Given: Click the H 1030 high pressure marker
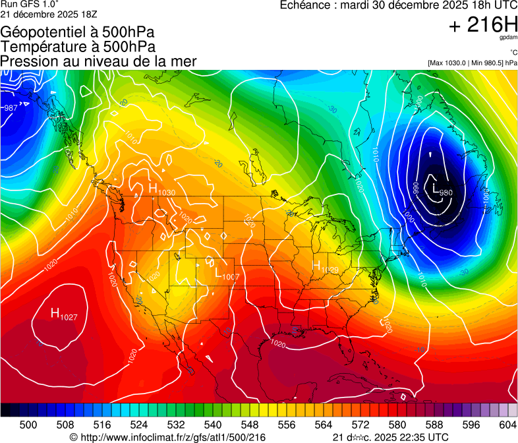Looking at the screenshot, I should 160,190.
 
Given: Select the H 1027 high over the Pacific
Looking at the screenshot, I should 64,314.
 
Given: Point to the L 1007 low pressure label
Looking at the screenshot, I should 226,275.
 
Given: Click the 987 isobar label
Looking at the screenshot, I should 10,108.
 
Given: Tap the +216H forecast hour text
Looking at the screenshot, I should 482,25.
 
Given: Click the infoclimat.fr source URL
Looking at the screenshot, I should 167,438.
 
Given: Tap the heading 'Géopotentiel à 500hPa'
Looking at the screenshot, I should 78,32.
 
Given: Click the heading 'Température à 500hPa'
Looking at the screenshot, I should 78,46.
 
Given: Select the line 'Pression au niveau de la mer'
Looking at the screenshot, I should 98,61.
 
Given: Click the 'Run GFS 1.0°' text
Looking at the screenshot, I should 24,5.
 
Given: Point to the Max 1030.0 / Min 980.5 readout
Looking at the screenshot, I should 473,63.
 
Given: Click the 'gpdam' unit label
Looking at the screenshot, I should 509,39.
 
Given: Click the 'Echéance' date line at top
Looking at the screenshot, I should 398,5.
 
